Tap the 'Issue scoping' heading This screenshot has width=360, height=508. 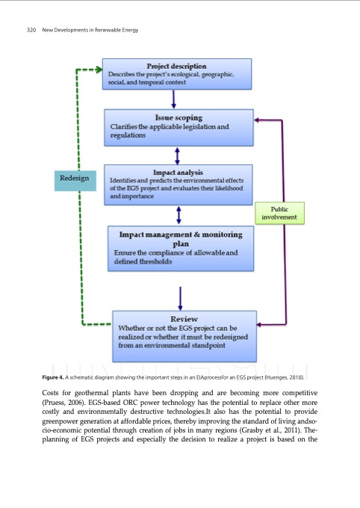178,118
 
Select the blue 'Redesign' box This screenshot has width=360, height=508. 77,179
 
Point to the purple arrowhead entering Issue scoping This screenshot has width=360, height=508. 258,119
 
